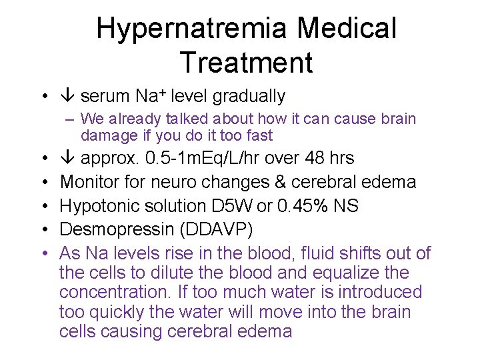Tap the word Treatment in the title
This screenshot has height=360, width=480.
point(246,62)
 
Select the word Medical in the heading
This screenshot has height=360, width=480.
point(347,29)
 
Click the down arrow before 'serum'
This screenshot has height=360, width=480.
point(68,97)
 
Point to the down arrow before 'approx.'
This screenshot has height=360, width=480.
point(68,158)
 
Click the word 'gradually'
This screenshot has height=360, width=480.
point(249,97)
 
